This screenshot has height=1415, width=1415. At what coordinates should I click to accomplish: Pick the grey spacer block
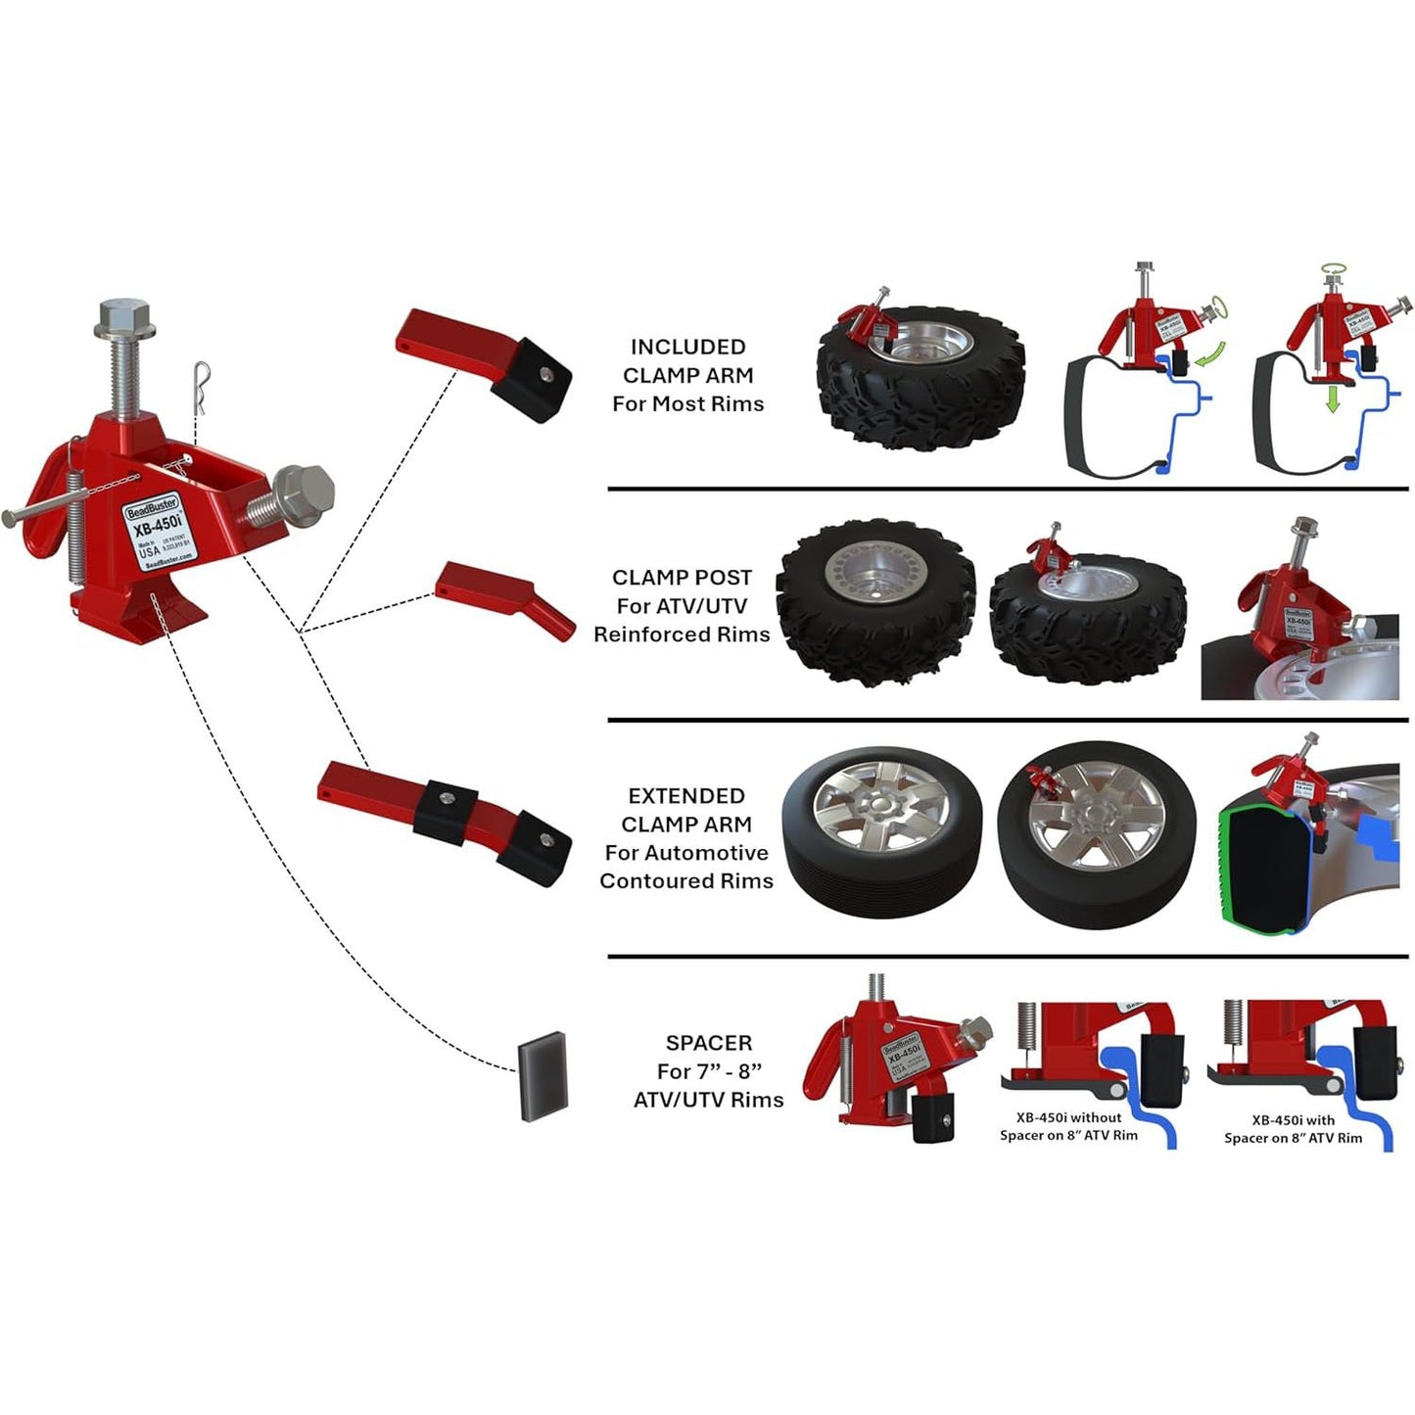click(x=543, y=1076)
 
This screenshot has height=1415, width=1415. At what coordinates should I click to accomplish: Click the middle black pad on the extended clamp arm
click(x=446, y=809)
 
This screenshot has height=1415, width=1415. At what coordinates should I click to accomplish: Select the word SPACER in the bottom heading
click(x=709, y=1043)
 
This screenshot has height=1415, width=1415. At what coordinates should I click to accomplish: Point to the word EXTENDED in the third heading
click(x=686, y=796)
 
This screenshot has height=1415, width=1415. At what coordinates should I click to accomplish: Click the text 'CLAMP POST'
click(x=682, y=578)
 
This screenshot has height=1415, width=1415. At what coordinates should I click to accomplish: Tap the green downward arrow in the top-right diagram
click(x=1332, y=400)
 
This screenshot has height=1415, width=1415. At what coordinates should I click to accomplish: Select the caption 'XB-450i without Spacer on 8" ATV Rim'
click(x=1068, y=1126)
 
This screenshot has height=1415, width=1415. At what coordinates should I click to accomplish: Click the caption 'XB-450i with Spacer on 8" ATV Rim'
click(x=1293, y=1129)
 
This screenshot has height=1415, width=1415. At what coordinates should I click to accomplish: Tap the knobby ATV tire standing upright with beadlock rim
click(x=875, y=601)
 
